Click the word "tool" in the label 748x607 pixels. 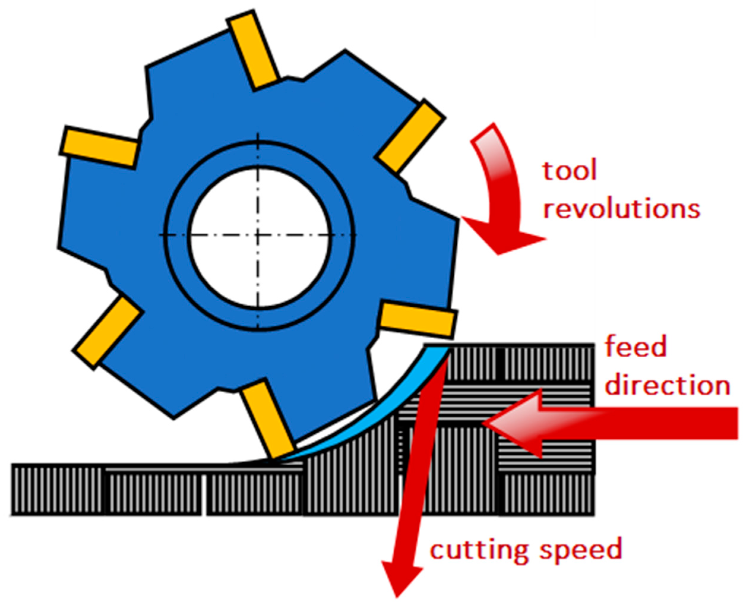pyautogui.click(x=570, y=171)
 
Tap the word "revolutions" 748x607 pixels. pyautogui.click(x=622, y=209)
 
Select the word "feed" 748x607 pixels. pyautogui.click(x=636, y=347)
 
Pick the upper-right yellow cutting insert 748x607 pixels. pyautogui.click(x=410, y=136)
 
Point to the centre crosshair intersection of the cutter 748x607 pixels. pyautogui.click(x=258, y=235)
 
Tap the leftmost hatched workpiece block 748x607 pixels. pyautogui.click(x=58, y=489)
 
